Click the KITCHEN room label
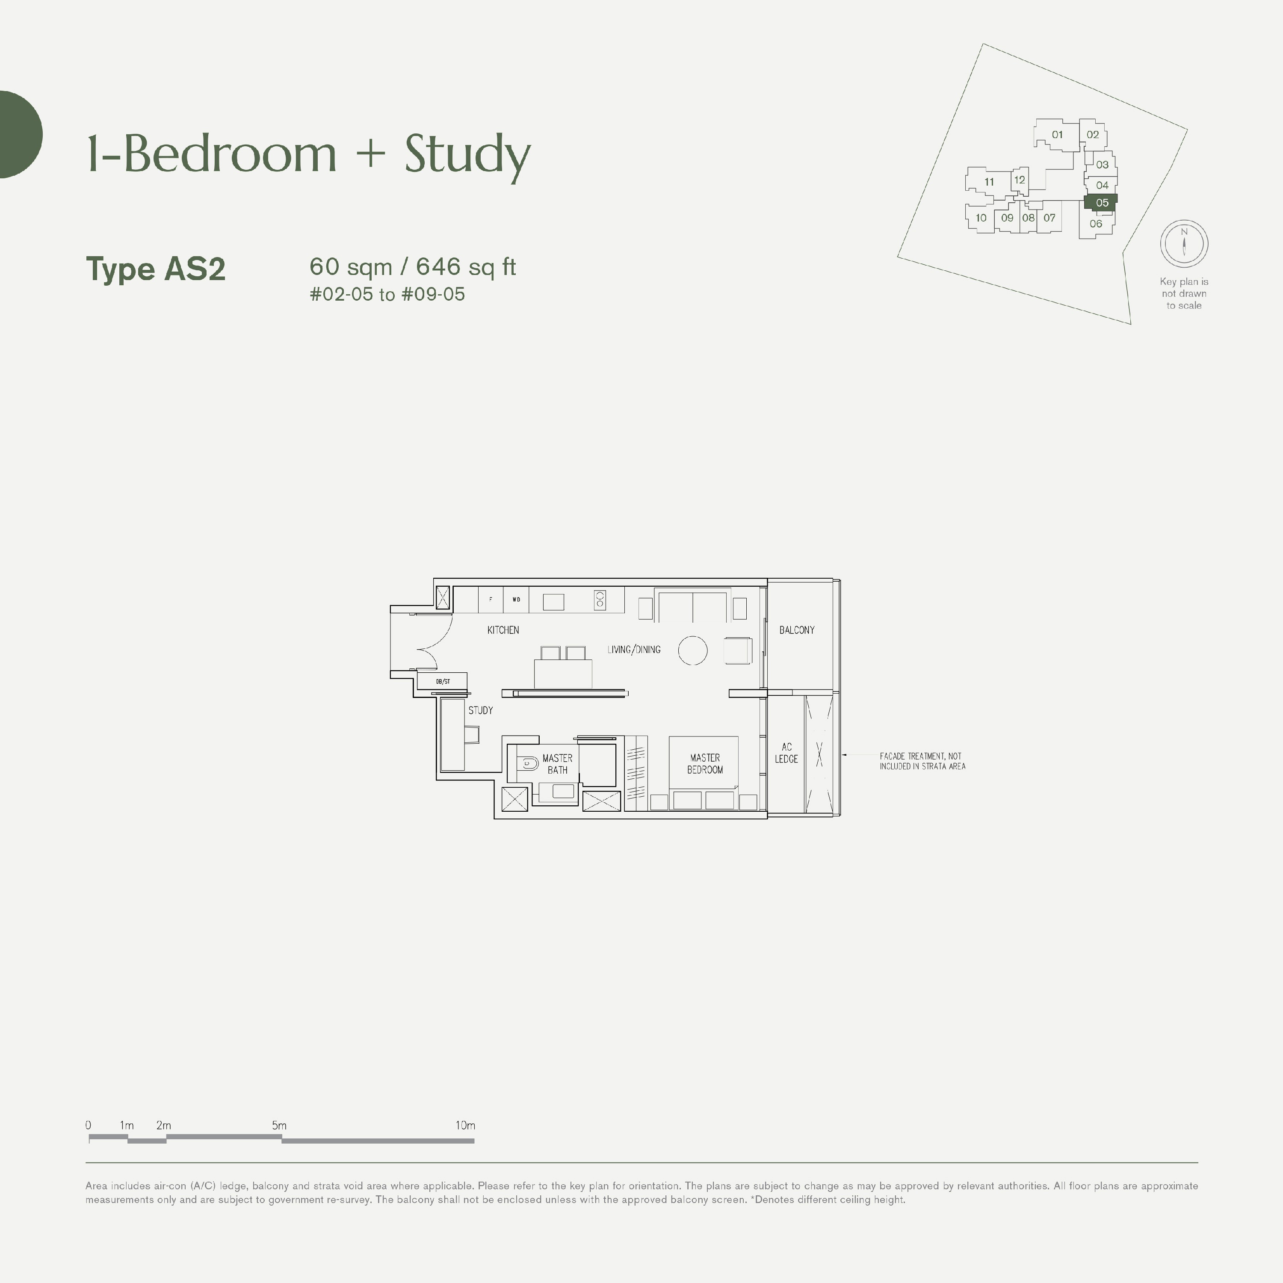click(x=503, y=630)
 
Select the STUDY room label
click(x=480, y=710)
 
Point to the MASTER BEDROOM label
click(x=705, y=764)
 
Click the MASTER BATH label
click(x=557, y=764)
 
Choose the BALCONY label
click(x=796, y=630)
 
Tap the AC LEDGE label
click(x=786, y=753)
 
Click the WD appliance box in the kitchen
click(x=516, y=600)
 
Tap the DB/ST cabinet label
click(x=442, y=681)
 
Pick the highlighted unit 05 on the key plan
click(x=1102, y=203)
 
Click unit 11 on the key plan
click(x=989, y=182)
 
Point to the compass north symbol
click(x=1183, y=242)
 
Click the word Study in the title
click(x=467, y=154)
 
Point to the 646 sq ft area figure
click(x=466, y=266)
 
